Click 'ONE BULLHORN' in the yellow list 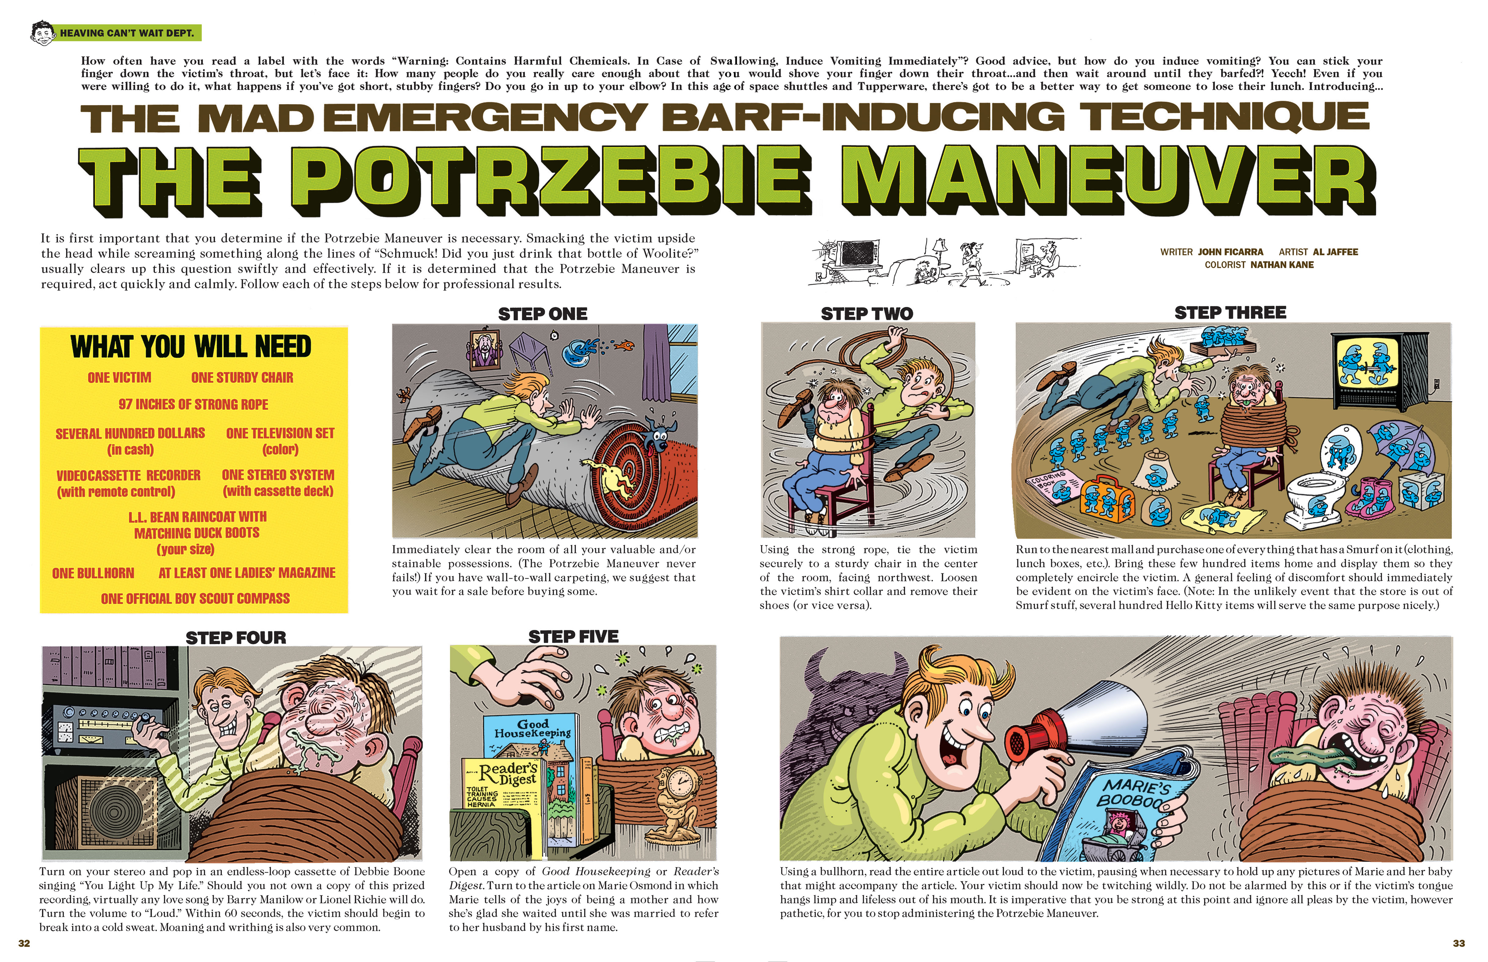click(x=93, y=573)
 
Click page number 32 click(x=24, y=943)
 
